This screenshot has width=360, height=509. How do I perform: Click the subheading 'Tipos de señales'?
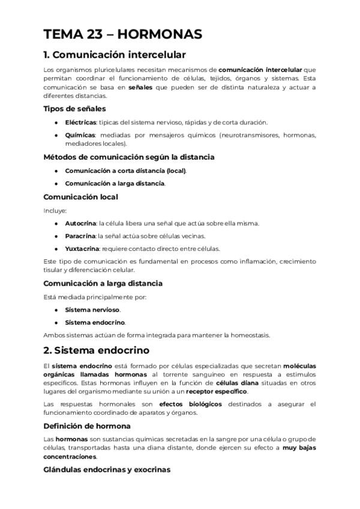[x=74, y=109]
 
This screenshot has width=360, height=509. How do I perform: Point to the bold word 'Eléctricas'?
[x=80, y=122]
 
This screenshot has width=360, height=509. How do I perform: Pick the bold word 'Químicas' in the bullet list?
[x=79, y=135]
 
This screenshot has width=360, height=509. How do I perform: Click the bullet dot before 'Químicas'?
[x=56, y=135]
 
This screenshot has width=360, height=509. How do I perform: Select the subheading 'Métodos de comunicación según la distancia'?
[x=129, y=157]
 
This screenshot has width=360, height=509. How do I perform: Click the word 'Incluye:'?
[x=55, y=210]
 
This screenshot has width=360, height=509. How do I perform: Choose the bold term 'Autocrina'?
[x=80, y=223]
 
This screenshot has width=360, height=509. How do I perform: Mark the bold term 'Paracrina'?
[x=80, y=236]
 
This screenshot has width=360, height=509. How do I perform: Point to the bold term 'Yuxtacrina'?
[x=82, y=248]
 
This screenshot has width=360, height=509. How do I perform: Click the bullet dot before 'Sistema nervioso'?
[x=56, y=310]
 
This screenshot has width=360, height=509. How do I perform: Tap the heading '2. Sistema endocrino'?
[x=97, y=350]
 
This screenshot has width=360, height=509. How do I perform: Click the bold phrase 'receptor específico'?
[x=221, y=391]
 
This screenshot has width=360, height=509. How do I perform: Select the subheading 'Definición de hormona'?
[x=88, y=426]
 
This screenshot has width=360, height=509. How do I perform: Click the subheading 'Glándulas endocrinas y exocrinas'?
[x=107, y=469]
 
